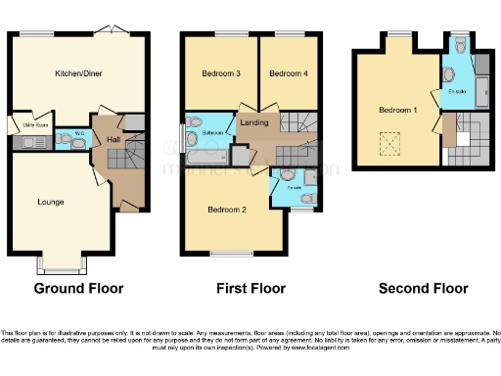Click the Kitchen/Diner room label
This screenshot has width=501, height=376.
[x=79, y=73]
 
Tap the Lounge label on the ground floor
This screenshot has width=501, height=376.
[x=51, y=202]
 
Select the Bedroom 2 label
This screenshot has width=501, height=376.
[x=226, y=208]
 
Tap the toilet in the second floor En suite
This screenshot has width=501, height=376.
[x=460, y=45]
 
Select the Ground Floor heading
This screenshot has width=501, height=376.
[x=78, y=289]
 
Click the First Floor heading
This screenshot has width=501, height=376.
[x=250, y=289]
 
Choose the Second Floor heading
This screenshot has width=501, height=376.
[x=424, y=289]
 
